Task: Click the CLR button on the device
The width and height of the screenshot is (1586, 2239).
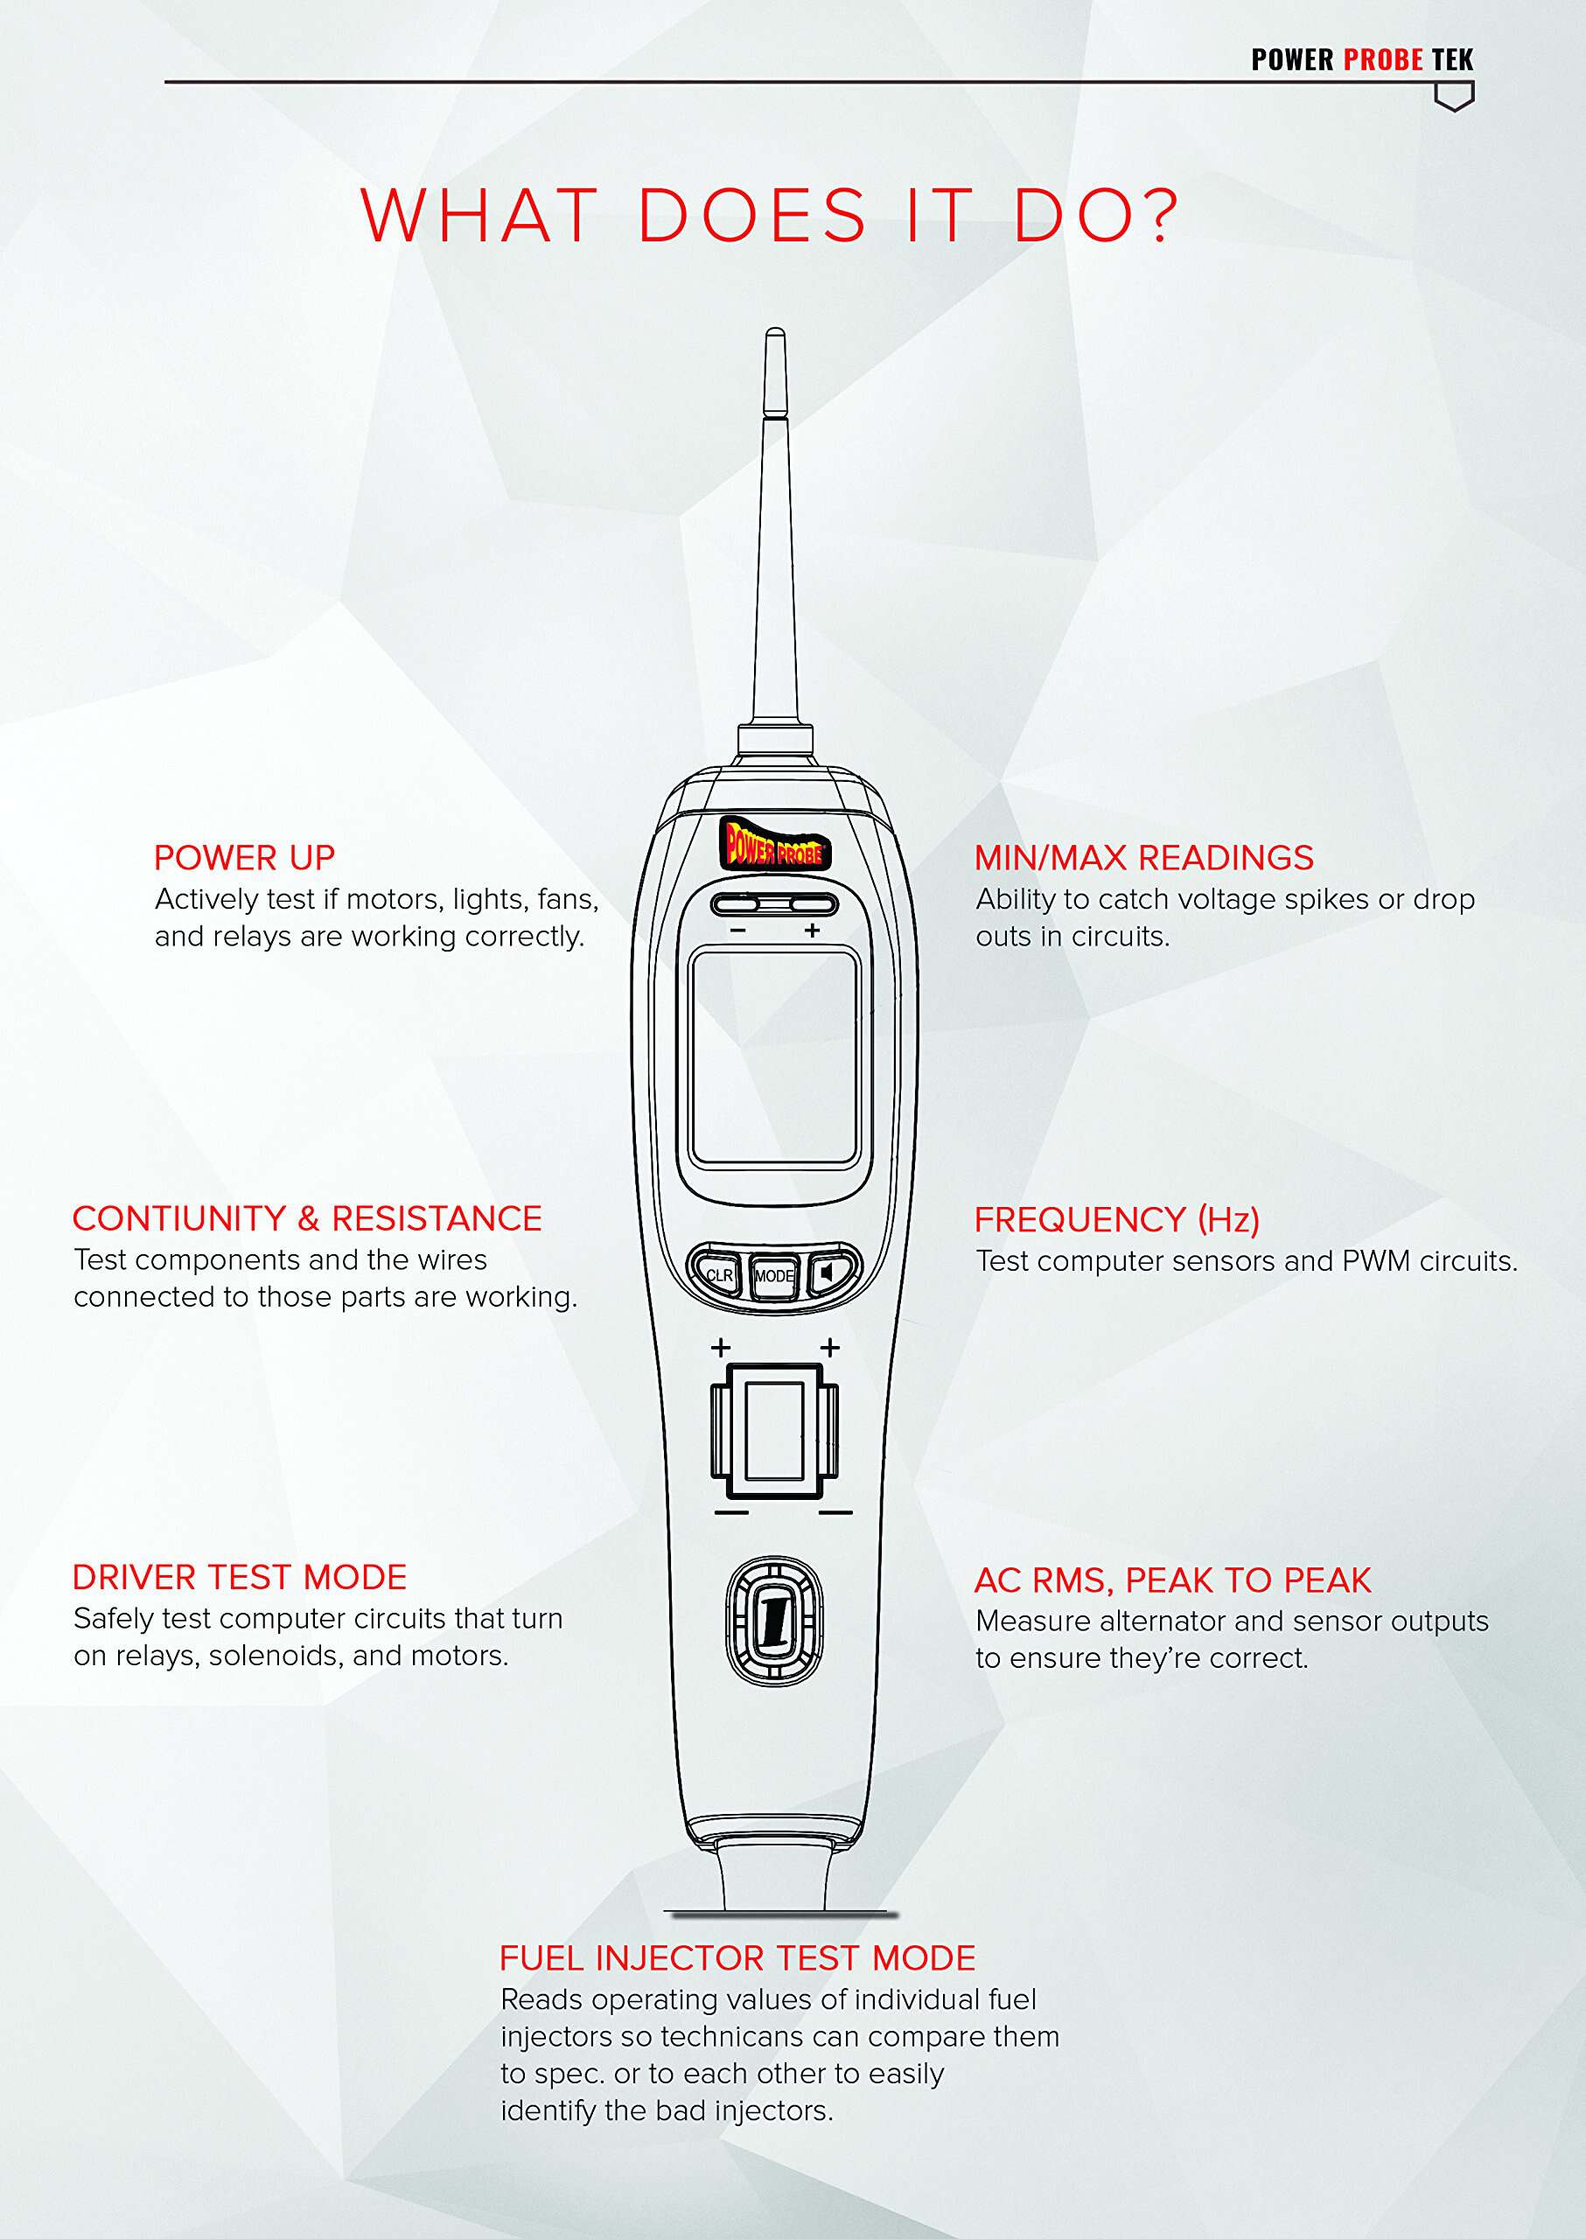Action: tap(716, 1274)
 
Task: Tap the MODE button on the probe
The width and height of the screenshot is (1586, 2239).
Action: tap(773, 1275)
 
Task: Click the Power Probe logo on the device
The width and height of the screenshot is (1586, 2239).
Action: tap(774, 844)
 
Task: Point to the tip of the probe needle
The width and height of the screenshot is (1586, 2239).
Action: tap(775, 330)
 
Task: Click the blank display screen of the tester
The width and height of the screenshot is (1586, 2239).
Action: tap(773, 1057)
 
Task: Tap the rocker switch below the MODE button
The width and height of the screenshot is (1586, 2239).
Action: tap(774, 1432)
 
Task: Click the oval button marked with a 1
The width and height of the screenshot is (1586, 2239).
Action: tap(774, 1621)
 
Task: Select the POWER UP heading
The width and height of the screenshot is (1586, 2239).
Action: tap(244, 857)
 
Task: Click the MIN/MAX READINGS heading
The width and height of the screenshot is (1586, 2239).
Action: tap(1143, 857)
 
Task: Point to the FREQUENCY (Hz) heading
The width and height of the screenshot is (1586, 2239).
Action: tap(1117, 1219)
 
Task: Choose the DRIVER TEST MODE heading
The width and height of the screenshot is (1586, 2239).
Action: tap(240, 1577)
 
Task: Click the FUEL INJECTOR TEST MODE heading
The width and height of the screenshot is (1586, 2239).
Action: tap(737, 1957)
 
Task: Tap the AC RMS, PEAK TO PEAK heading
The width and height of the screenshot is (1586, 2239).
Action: tap(1173, 1580)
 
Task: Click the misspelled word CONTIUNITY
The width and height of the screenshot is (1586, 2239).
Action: tap(178, 1217)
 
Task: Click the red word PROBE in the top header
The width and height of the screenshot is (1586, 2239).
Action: tap(1383, 59)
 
